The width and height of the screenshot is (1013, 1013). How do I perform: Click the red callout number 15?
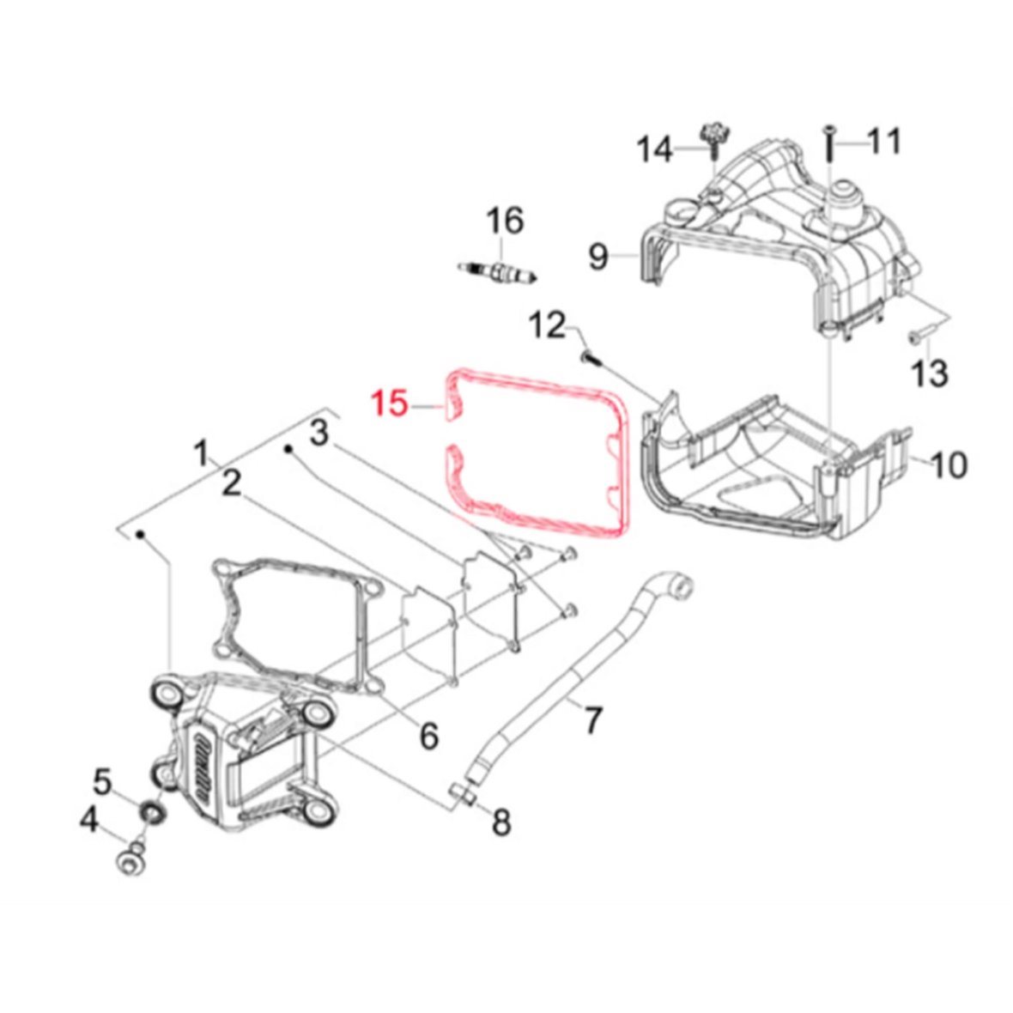point(391,404)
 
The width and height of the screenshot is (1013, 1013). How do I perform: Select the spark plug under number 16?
point(497,272)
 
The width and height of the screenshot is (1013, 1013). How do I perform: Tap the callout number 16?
point(505,221)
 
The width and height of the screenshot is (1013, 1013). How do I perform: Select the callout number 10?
point(948,464)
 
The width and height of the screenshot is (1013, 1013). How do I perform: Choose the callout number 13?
point(930,374)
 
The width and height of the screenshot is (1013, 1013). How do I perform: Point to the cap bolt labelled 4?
point(130,856)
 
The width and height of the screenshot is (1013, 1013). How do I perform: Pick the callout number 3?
point(319,432)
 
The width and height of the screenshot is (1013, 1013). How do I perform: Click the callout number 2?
point(231,482)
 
